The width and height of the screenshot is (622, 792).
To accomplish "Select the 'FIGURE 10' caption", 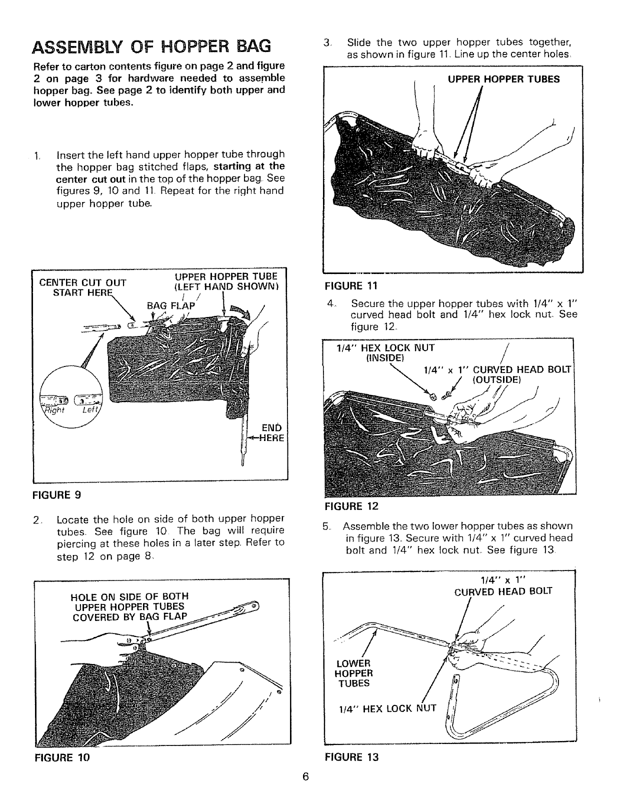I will point(61,757).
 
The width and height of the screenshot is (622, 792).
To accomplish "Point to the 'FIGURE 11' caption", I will point(350,285).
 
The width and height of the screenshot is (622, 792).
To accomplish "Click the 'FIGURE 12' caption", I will point(351,505).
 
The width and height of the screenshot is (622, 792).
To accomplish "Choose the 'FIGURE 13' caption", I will point(351,757).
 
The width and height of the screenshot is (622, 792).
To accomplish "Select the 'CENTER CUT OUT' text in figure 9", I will point(82,282).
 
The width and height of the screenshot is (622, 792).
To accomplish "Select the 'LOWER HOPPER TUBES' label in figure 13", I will point(353,673).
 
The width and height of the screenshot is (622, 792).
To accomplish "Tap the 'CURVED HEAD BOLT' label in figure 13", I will point(503,591).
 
